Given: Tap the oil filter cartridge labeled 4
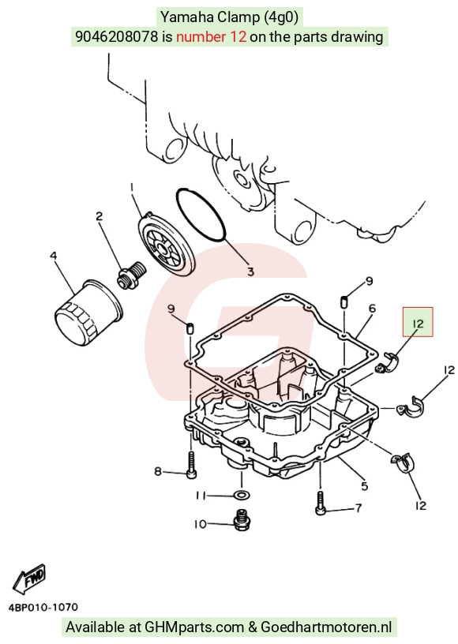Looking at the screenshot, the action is pos(88,308).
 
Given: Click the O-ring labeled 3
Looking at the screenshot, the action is pos(201,215).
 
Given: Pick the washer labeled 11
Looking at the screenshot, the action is pos(241,493).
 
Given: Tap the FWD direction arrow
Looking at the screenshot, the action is pos(29,578).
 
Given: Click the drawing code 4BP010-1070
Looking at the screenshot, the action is pos(43,607).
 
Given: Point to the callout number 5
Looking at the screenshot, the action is pos(364,486).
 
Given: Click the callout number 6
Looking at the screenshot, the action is pos(372,308).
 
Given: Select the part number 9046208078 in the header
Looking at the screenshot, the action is pos(116,37).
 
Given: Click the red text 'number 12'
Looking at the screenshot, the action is pos(211,37).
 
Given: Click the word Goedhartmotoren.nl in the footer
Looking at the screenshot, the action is pos(326,627).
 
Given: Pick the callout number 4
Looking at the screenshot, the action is pos(54,256).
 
